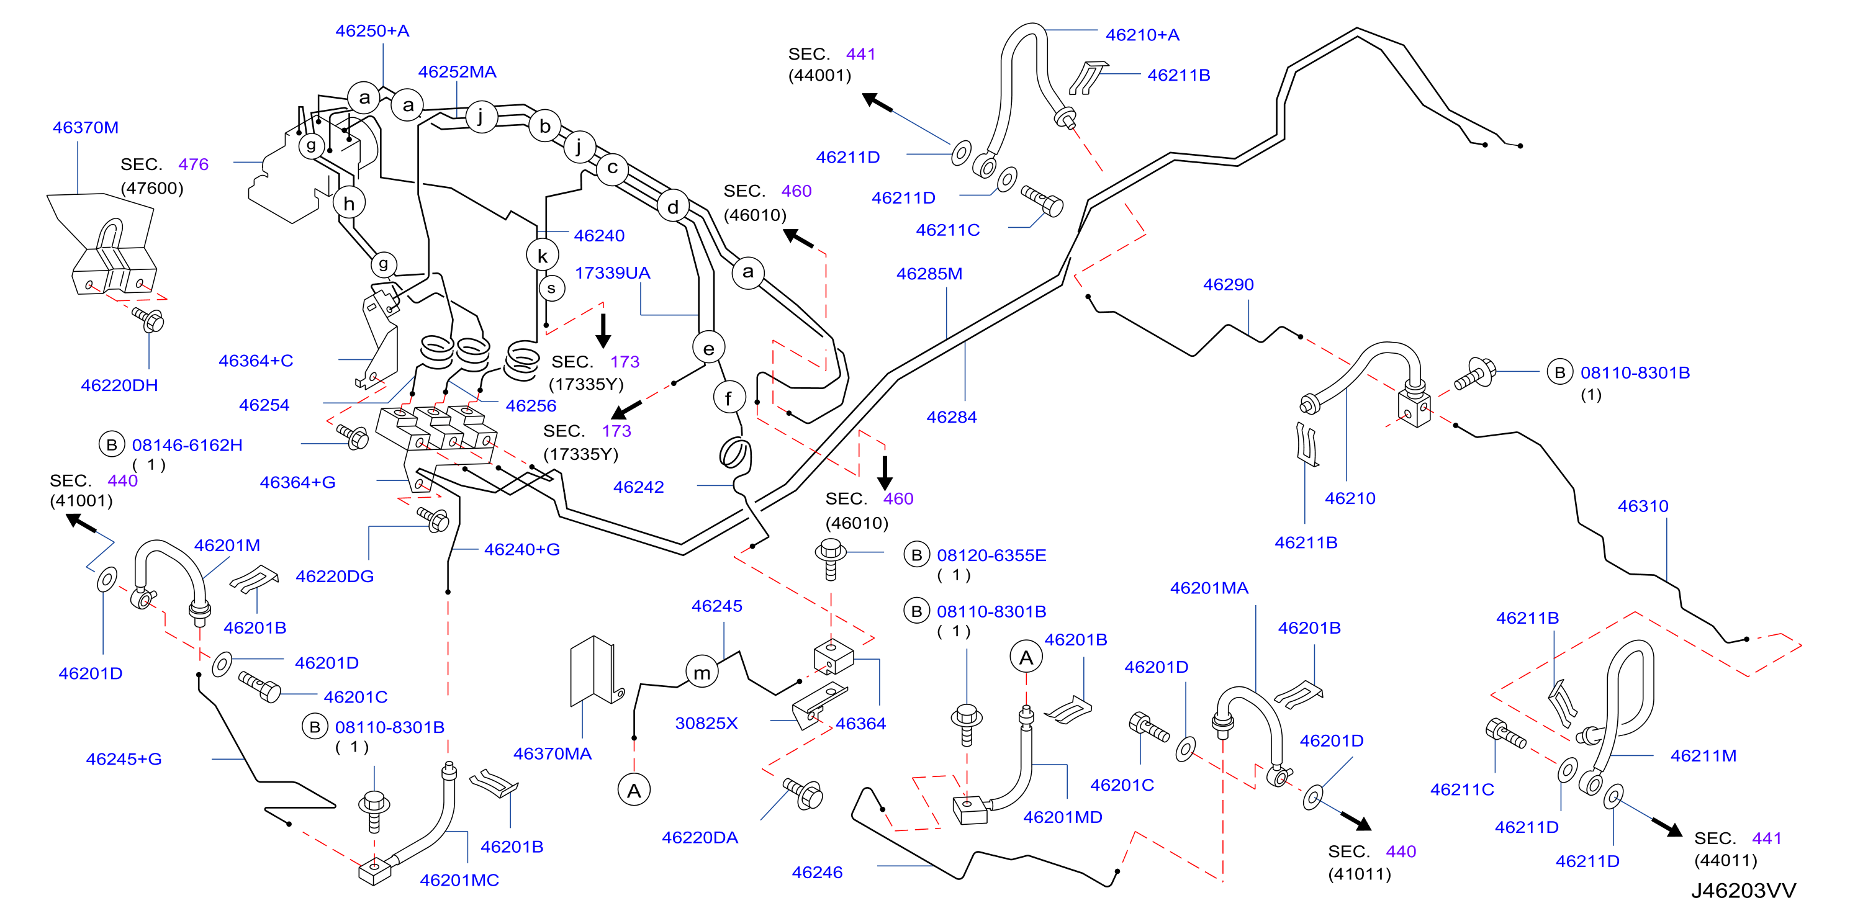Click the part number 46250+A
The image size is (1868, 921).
point(372,31)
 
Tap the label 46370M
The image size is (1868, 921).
point(86,128)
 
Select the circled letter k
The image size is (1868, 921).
point(543,255)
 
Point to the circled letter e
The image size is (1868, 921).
point(708,348)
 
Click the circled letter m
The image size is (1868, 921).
point(702,672)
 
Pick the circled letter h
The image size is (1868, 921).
point(350,203)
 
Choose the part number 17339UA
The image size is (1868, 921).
point(613,274)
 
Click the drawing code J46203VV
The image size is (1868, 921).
point(1743,891)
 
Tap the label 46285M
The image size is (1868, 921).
point(929,274)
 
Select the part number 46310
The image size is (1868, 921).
point(1643,506)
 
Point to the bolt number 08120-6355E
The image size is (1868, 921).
point(991,555)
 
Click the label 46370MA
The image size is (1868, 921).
point(553,754)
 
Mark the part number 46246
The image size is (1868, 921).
point(817,873)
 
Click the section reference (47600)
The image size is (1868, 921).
point(152,189)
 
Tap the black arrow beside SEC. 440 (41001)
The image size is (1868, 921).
point(81,523)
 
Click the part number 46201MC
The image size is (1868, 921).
point(460,881)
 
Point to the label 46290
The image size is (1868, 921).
point(1229,284)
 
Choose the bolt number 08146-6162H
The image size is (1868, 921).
point(187,445)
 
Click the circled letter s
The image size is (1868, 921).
point(552,288)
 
